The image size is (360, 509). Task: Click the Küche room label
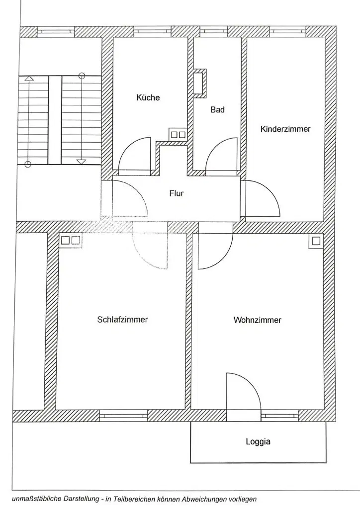(148, 98)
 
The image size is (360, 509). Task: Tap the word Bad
(217, 110)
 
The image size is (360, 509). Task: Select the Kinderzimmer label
(285, 129)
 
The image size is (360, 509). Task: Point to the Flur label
(177, 193)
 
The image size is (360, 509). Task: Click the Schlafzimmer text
(122, 320)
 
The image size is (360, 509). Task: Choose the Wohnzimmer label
(257, 320)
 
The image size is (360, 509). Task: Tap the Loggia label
(258, 441)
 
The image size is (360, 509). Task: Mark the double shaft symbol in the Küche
(178, 134)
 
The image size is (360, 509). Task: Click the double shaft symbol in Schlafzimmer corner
(70, 241)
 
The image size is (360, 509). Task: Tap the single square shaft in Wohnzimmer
(316, 241)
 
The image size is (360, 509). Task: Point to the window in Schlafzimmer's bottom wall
(123, 414)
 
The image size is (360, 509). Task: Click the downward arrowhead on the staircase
(81, 162)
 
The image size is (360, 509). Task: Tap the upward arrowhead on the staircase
(29, 78)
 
